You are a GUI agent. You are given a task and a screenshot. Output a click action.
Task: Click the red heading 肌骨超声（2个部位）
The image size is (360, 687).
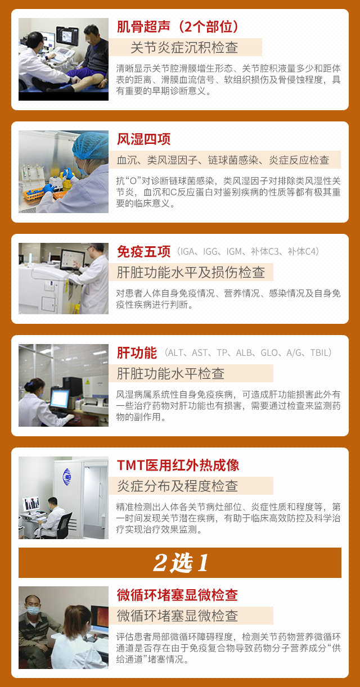click(x=178, y=27)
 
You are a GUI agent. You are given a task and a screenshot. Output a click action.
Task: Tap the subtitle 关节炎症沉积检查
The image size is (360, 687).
click(x=184, y=48)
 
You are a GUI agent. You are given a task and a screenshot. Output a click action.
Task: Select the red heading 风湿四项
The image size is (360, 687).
click(x=143, y=139)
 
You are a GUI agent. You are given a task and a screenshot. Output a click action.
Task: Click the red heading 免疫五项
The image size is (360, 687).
click(x=143, y=251)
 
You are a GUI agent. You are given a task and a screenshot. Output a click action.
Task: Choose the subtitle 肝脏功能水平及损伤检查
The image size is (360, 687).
click(x=191, y=272)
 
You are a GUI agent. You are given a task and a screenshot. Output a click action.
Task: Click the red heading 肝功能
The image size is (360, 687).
click(x=137, y=352)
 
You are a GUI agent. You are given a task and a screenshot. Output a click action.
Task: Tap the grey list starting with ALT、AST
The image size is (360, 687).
click(x=248, y=352)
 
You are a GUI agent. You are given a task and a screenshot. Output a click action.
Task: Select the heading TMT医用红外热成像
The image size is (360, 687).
click(x=178, y=465)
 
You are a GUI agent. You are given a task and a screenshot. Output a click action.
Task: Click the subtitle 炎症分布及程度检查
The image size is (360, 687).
click(x=177, y=486)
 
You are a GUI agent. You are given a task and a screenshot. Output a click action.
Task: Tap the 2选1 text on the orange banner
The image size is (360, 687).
click(x=181, y=563)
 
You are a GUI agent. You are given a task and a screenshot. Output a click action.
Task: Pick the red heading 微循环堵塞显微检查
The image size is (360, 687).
click(x=177, y=595)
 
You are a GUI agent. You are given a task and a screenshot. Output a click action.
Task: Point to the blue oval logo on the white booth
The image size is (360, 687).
click(x=67, y=477)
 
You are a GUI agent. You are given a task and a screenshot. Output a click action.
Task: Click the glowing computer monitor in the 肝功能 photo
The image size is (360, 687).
click(x=60, y=399)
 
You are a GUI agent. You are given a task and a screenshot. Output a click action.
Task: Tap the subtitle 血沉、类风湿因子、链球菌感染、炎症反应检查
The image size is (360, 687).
click(x=223, y=160)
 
